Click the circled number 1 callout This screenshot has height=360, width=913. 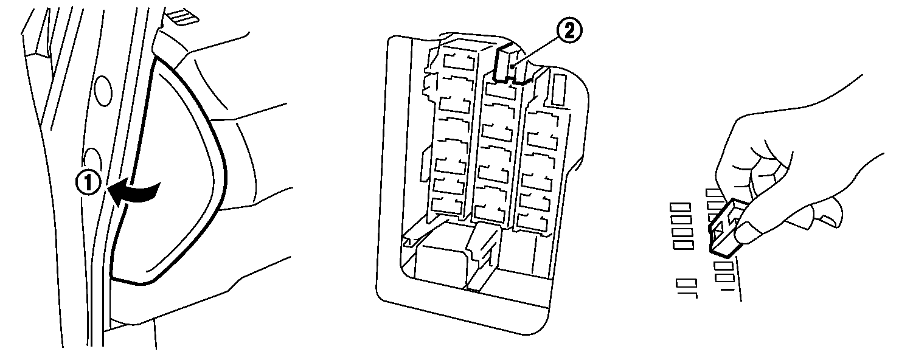88,183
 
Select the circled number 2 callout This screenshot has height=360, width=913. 569,30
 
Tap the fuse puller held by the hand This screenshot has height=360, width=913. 726,228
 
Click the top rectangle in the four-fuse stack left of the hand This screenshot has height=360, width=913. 681,207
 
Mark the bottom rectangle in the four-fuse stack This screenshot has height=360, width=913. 682,244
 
